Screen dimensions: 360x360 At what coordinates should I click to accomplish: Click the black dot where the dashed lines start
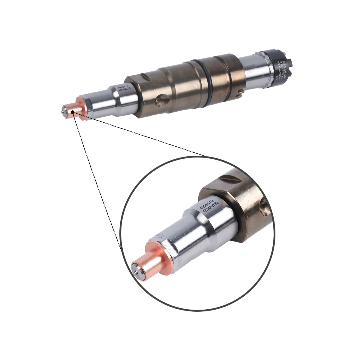coord(73,112)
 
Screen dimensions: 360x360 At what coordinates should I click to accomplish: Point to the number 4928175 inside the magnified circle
coord(207,203)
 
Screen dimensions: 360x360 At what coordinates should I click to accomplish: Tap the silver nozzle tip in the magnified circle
coord(136,269)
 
